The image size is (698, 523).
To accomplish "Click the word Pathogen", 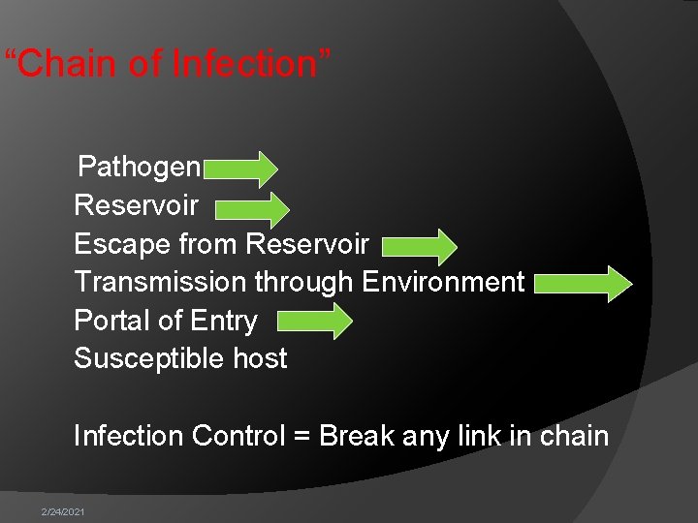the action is click(x=139, y=167).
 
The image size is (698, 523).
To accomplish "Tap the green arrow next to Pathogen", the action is click(x=240, y=169).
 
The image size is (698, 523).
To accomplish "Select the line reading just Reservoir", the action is click(x=136, y=205).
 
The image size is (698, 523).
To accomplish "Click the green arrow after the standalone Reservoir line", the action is click(x=251, y=208).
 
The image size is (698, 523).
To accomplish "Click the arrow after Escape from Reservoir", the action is click(x=419, y=247).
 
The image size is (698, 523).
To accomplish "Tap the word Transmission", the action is click(x=160, y=282).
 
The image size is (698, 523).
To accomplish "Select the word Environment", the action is click(x=443, y=282).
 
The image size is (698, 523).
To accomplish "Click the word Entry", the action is click(x=224, y=321).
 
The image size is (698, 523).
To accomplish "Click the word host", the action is click(x=260, y=358).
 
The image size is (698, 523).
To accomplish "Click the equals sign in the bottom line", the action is click(x=301, y=437).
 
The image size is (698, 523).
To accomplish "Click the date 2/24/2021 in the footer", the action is click(x=62, y=511).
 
